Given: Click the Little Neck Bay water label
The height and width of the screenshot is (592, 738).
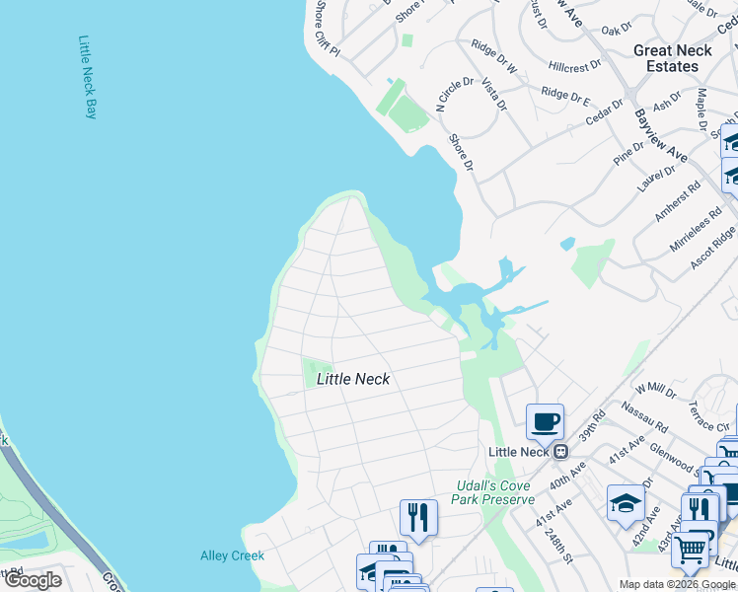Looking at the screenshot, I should pos(87,78).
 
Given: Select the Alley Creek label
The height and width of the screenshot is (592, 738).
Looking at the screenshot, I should pos(232,555).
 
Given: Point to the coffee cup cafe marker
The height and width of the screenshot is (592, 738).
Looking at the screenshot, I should pos(545,422).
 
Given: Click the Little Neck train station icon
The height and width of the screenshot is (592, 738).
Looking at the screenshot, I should pos(560,452).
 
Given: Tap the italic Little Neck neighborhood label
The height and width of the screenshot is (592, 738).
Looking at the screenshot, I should pos(352,379).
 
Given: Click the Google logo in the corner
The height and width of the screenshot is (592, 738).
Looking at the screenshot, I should pos(32,580).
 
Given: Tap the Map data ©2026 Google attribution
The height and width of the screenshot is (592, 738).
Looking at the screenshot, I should pos(677,584).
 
